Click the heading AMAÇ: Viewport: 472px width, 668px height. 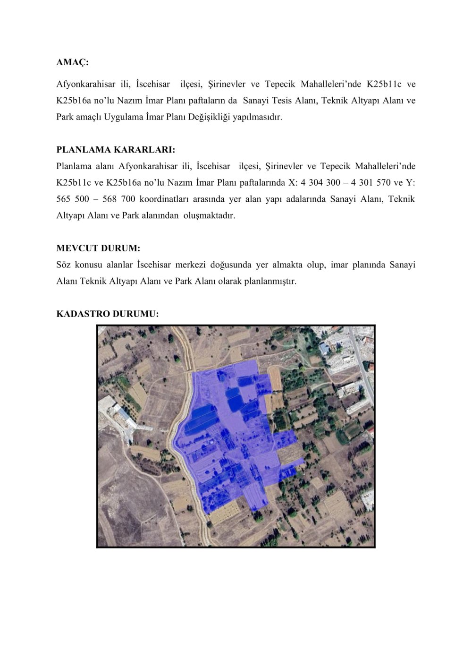[x=72, y=62]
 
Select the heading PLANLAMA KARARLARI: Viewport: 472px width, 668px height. [x=116, y=150]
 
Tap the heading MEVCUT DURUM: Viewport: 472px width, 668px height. [x=98, y=248]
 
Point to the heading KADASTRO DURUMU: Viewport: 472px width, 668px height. [x=108, y=314]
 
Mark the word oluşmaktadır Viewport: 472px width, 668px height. [x=209, y=215]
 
